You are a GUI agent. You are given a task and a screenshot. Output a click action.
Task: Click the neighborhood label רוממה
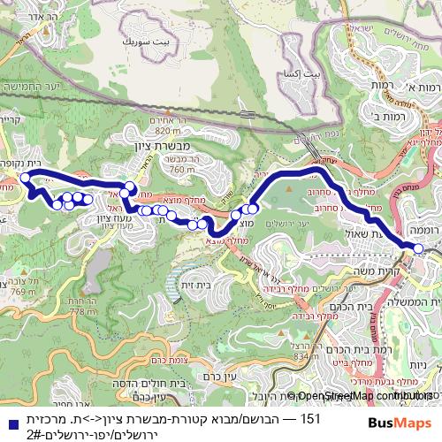(x=423, y=227)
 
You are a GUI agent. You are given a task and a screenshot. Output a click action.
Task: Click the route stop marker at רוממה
(x=418, y=249)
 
